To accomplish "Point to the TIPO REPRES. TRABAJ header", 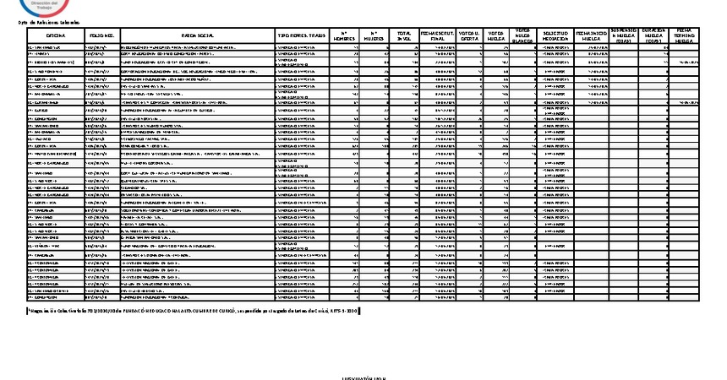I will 301,36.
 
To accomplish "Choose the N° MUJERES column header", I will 374,36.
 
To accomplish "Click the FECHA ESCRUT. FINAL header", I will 437,36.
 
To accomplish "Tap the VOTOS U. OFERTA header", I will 471,36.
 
